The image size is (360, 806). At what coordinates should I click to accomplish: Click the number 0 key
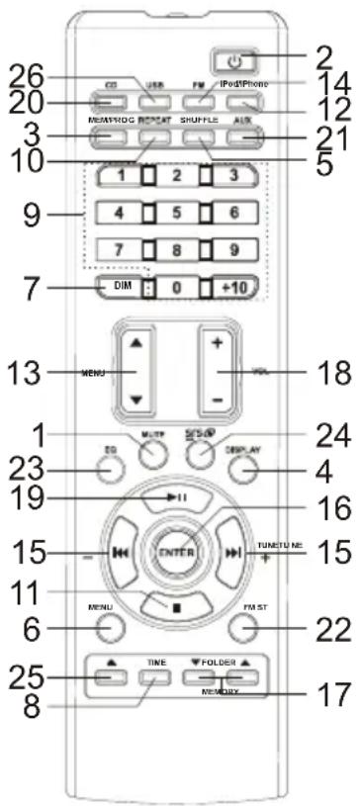click(x=174, y=287)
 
